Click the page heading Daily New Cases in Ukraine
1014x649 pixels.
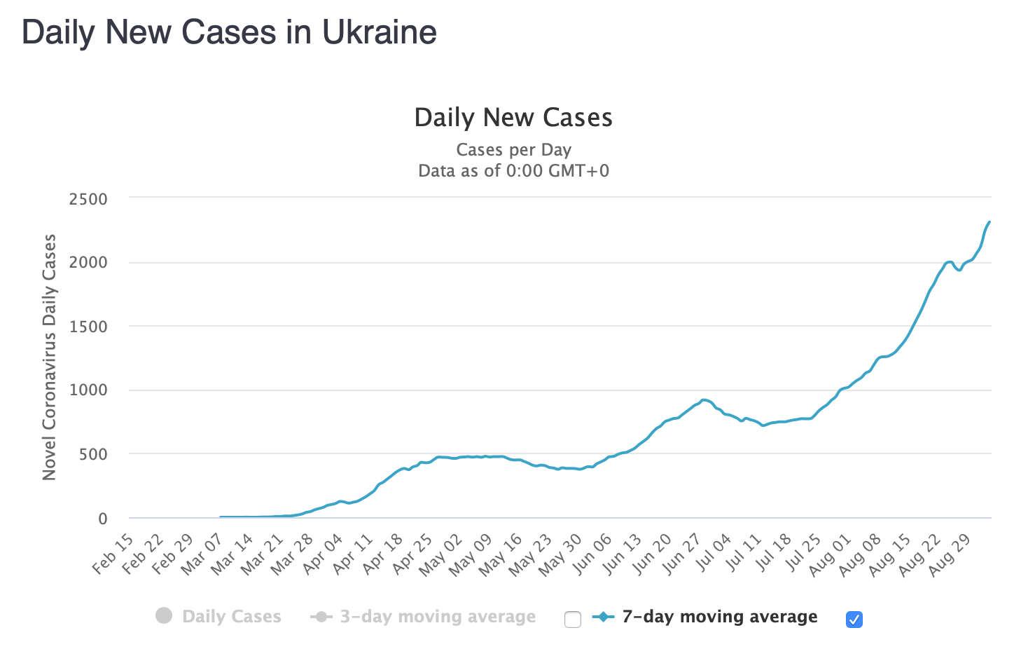point(229,32)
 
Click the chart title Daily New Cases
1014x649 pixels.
point(513,118)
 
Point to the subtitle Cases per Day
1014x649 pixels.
point(513,150)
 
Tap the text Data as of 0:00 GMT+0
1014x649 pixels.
point(513,171)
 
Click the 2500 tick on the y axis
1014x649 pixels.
point(88,199)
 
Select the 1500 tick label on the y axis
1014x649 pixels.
point(88,327)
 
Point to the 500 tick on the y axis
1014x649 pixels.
point(93,454)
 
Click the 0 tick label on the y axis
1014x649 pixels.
point(103,519)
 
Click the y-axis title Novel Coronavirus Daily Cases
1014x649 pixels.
point(49,357)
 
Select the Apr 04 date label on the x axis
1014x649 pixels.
point(323,554)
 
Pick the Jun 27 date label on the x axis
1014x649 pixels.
point(682,554)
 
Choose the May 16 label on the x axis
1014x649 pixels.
point(503,554)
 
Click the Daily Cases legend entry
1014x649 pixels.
point(218,617)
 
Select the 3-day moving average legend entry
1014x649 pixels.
point(424,617)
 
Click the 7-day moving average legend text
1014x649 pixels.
point(719,617)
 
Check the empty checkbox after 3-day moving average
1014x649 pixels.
point(573,620)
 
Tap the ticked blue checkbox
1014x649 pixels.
point(854,620)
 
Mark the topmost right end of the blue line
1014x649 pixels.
point(989,222)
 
